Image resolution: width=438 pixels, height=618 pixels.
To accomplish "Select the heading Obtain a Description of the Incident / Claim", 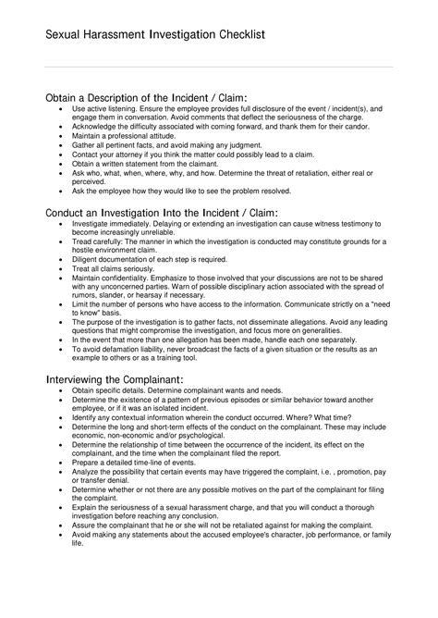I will [x=146, y=97].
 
